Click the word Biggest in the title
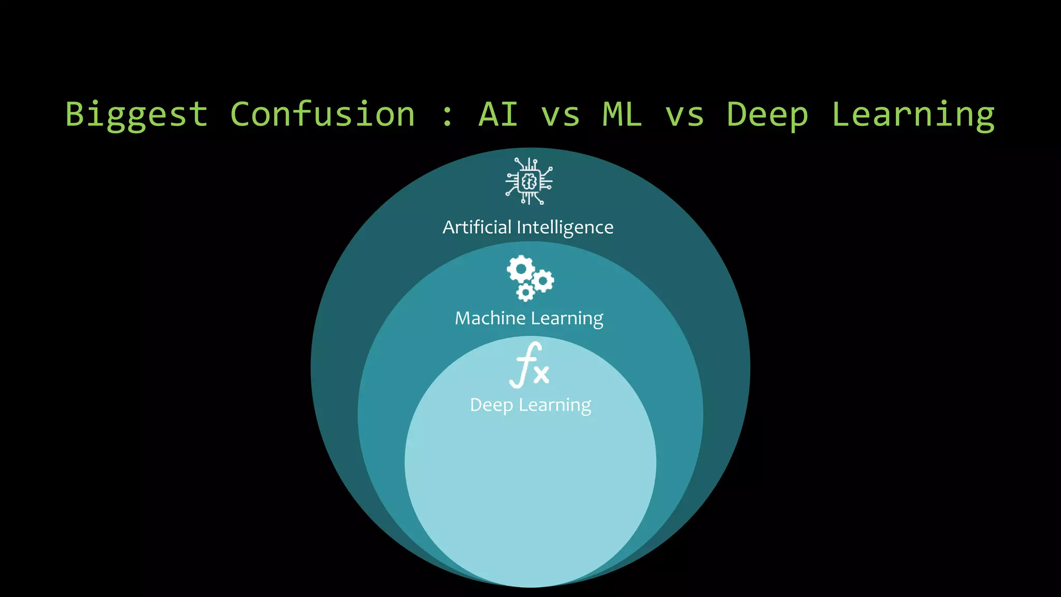[x=137, y=115]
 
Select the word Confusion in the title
[x=322, y=115]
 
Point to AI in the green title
[x=498, y=115]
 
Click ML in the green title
[x=622, y=115]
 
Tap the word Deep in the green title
[x=767, y=115]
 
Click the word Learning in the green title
[x=913, y=115]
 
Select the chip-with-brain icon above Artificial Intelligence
[x=529, y=181]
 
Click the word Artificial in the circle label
[x=477, y=227]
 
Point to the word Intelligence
[x=565, y=228]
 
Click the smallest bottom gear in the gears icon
[x=525, y=292]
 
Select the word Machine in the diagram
[x=490, y=318]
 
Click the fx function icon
[x=529, y=365]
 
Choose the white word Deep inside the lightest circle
[x=491, y=405]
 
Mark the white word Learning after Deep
[x=555, y=405]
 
